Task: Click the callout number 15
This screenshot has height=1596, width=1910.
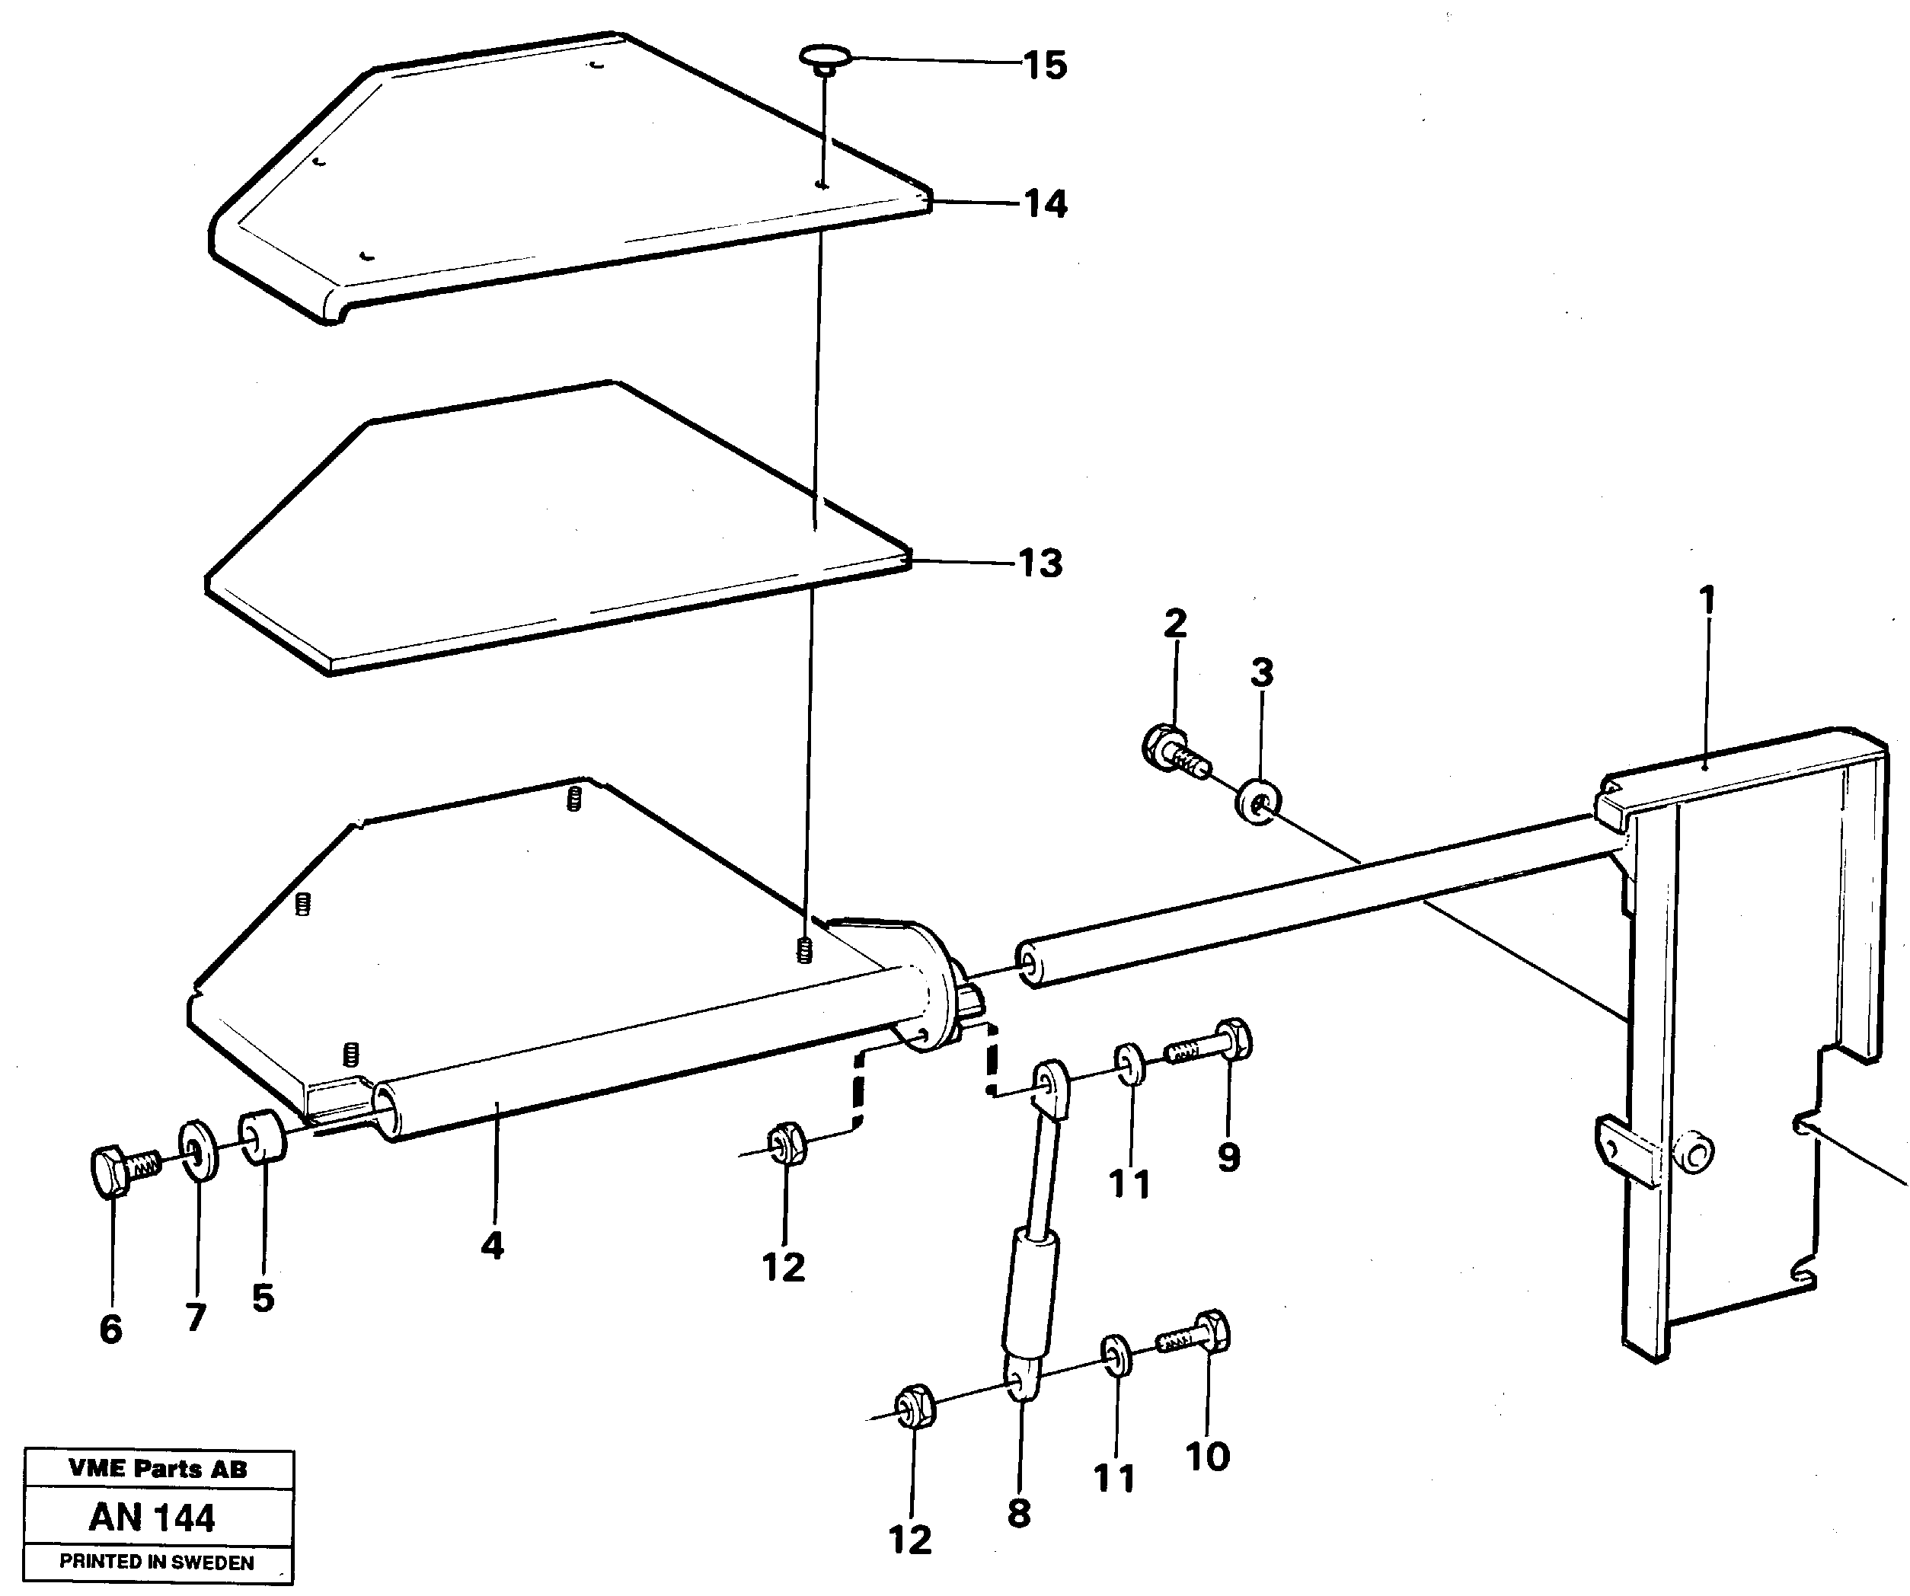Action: coord(1044,65)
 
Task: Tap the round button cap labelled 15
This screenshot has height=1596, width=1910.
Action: coord(823,58)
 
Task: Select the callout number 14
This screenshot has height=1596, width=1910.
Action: coord(1044,204)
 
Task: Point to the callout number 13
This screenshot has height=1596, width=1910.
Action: coord(1040,563)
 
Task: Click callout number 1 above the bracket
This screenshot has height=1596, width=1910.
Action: coord(1707,600)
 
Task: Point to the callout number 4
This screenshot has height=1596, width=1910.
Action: coord(492,1245)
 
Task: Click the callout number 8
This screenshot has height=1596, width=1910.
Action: coord(1019,1513)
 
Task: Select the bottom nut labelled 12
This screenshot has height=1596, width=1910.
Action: coord(912,1408)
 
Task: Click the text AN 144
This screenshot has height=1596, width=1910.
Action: coord(152,1518)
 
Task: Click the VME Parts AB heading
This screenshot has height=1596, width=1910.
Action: coord(158,1469)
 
